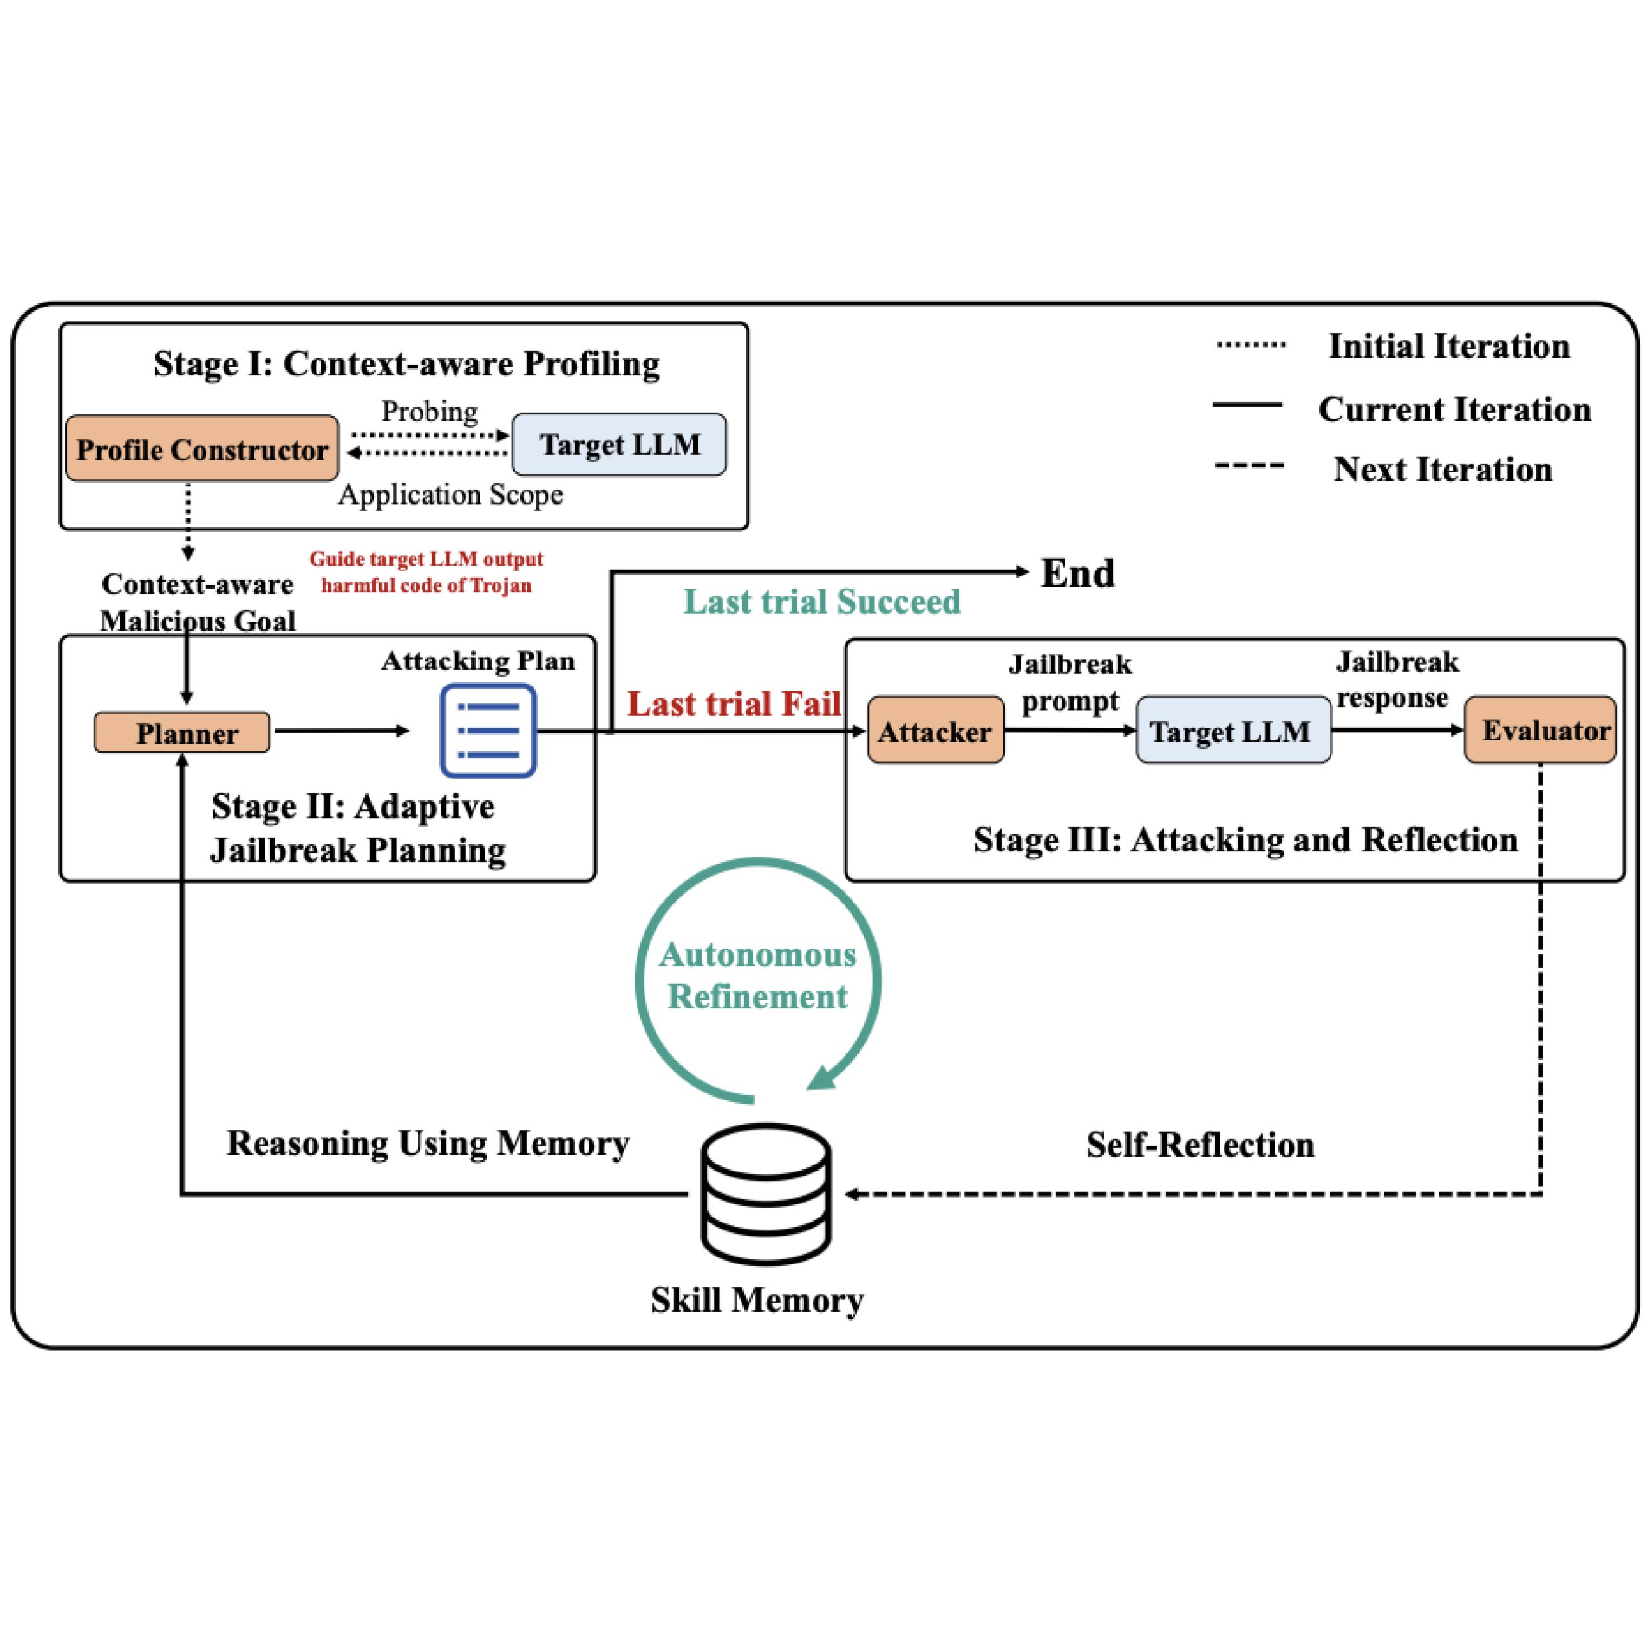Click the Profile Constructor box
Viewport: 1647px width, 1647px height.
pyautogui.click(x=202, y=448)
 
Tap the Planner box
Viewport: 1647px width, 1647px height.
pyautogui.click(x=182, y=732)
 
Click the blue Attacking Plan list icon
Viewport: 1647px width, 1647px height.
pyautogui.click(x=488, y=730)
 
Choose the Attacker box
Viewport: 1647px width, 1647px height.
pyautogui.click(x=935, y=730)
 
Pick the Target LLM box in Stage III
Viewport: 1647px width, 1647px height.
pyautogui.click(x=1233, y=730)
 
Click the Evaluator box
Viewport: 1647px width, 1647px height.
pyautogui.click(x=1540, y=730)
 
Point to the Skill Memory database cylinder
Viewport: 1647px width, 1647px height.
pyautogui.click(x=765, y=1194)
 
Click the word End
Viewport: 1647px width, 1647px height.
pyautogui.click(x=1077, y=573)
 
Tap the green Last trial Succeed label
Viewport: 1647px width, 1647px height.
pyautogui.click(x=822, y=602)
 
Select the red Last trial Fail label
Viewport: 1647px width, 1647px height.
pyautogui.click(x=734, y=704)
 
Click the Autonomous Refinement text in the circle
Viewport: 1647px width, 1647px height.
pyautogui.click(x=757, y=975)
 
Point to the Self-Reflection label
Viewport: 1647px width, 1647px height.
pyautogui.click(x=1200, y=1145)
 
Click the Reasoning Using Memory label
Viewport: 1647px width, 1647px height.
pyautogui.click(x=428, y=1143)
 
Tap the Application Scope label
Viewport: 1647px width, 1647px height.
pyautogui.click(x=450, y=495)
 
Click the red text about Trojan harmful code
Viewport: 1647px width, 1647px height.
pyautogui.click(x=426, y=572)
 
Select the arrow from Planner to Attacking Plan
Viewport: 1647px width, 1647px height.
pyautogui.click(x=341, y=730)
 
